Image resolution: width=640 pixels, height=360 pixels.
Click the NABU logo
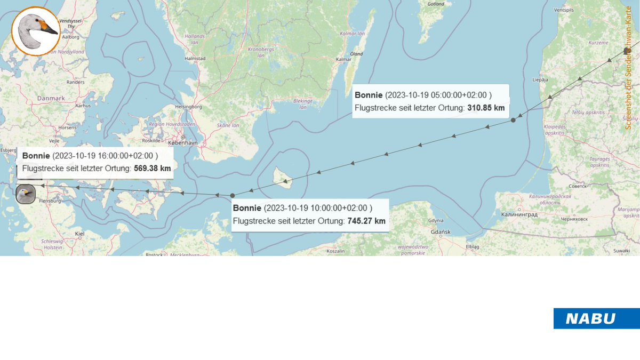(596, 318)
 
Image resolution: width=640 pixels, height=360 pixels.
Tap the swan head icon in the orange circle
(36, 31)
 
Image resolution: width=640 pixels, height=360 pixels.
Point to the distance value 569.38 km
(153, 169)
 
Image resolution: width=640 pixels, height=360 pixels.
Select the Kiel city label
(79, 234)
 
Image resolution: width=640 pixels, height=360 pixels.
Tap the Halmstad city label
(195, 58)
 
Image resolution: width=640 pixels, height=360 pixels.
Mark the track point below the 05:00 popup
(513, 120)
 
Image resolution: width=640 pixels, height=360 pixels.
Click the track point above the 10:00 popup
(233, 195)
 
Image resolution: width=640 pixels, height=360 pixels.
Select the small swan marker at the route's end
(25, 194)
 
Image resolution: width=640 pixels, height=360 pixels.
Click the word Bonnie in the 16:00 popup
(36, 156)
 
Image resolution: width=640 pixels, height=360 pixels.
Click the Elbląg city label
(473, 247)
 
